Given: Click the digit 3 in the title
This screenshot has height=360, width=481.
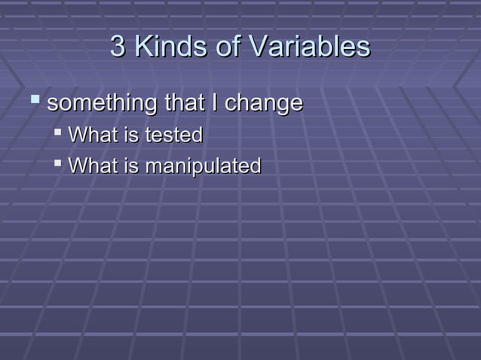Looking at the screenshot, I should [118, 47].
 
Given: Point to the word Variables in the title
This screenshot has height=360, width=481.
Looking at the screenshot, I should [310, 47].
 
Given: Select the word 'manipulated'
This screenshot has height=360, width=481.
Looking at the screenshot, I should [203, 166].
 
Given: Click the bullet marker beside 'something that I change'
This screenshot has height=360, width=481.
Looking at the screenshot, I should [34, 99].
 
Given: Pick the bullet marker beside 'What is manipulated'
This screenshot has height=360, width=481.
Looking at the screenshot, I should [59, 163].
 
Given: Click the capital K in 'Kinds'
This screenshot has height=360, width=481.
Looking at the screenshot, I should [143, 47].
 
